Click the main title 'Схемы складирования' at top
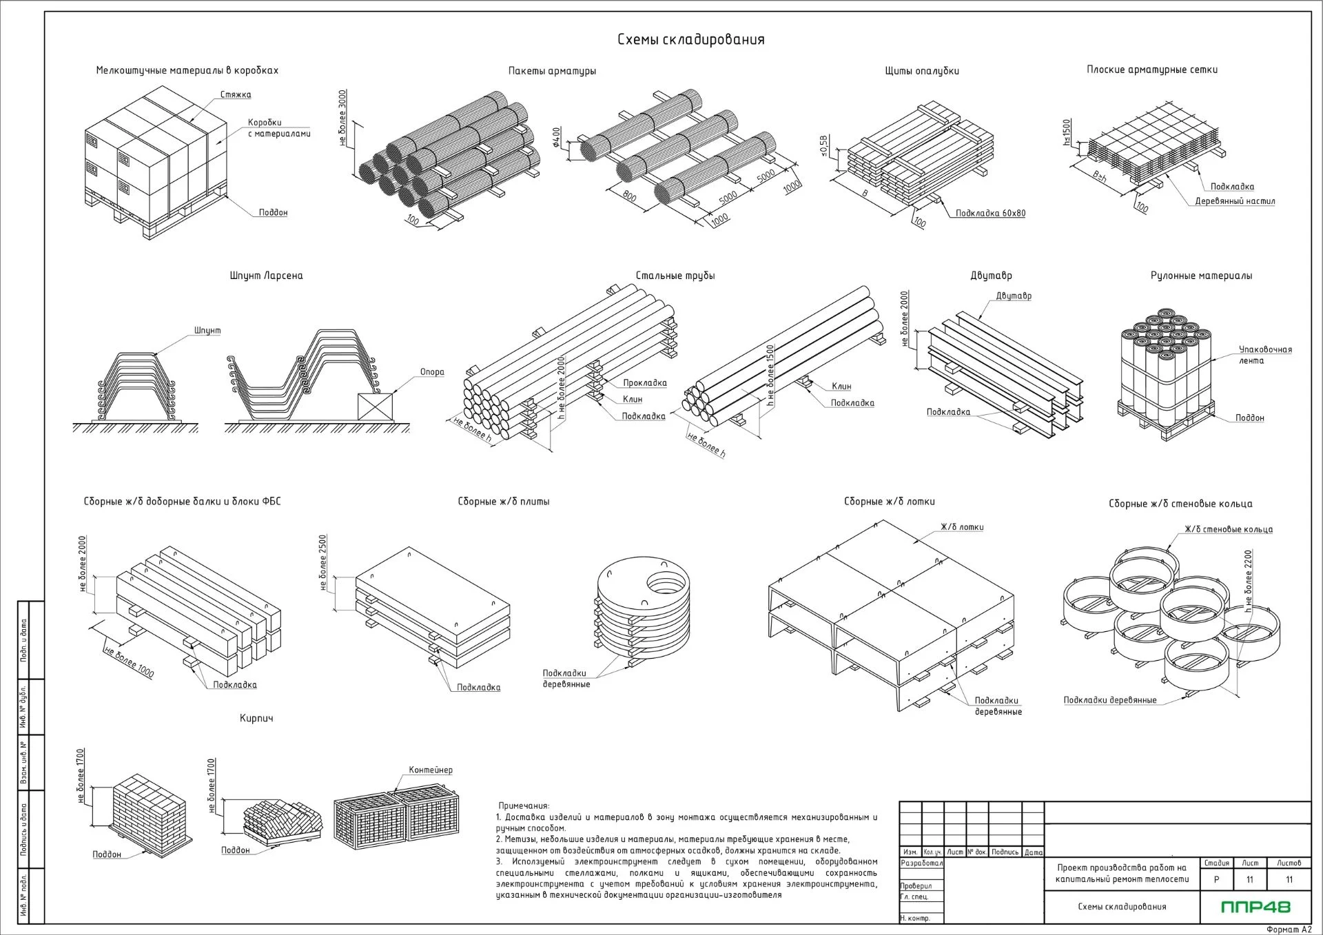point(690,39)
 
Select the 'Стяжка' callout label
point(236,94)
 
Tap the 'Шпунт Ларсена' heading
point(266,276)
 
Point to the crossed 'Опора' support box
point(376,407)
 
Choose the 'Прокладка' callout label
point(645,383)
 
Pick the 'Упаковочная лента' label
point(1265,355)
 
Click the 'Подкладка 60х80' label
point(990,214)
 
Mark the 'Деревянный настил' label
point(1235,202)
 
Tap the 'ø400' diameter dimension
point(557,137)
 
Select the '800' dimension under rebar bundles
point(629,196)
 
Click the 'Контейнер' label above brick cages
point(431,770)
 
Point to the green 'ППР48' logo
point(1255,907)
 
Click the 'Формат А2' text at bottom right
point(1289,929)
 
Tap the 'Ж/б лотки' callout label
point(962,527)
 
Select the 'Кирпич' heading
point(256,718)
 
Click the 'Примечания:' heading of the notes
point(524,805)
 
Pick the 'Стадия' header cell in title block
point(1216,863)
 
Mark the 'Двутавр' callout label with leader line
point(1014,296)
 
